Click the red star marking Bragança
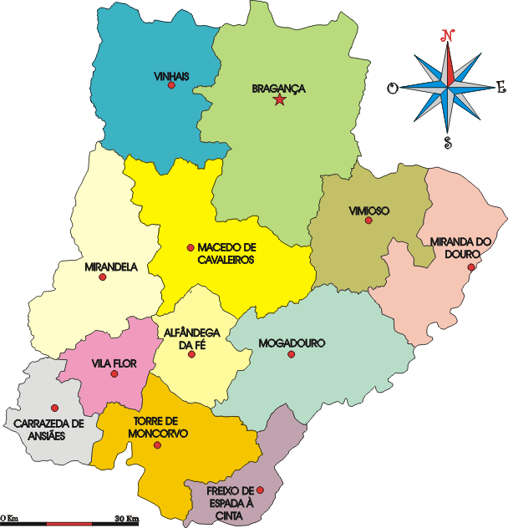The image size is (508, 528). coord(279,100)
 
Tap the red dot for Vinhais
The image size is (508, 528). coord(171,85)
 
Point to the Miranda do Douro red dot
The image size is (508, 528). coord(472,267)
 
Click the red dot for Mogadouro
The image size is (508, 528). coord(291,354)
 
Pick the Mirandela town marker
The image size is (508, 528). coord(103,277)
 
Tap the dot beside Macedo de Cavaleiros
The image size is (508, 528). coord(190,247)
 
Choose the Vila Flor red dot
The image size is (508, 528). coord(114,373)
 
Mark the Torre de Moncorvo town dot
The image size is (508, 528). coord(157,444)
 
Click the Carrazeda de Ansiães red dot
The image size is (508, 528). coord(55,408)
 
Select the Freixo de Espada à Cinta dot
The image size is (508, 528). coord(260,490)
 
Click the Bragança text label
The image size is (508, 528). coord(279,88)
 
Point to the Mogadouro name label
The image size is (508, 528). coord(292,343)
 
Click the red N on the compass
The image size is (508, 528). coord(448,35)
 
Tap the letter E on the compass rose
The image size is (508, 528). coord(500,86)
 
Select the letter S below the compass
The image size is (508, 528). coord(448,142)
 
